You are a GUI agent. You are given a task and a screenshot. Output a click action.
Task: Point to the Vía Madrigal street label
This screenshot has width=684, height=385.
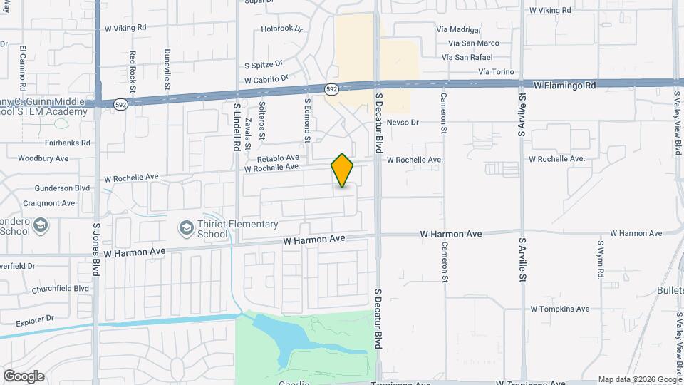466,30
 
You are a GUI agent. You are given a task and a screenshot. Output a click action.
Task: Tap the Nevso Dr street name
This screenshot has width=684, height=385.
403,123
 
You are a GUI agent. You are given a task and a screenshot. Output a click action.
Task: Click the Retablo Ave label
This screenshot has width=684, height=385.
278,158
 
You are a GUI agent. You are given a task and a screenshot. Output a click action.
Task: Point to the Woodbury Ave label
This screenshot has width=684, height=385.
43,158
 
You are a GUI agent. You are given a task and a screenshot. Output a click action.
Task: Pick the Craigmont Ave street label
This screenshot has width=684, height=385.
48,203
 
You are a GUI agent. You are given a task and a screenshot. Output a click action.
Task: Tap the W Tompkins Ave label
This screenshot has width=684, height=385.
559,309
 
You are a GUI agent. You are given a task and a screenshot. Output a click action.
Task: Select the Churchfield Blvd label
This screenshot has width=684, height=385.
61,289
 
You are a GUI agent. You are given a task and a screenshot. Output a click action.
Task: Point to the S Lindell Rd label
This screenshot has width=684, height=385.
237,126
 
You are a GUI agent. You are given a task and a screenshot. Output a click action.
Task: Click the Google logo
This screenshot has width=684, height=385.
24,376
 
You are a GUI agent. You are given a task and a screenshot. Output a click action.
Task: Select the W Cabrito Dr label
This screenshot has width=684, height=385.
266,79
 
